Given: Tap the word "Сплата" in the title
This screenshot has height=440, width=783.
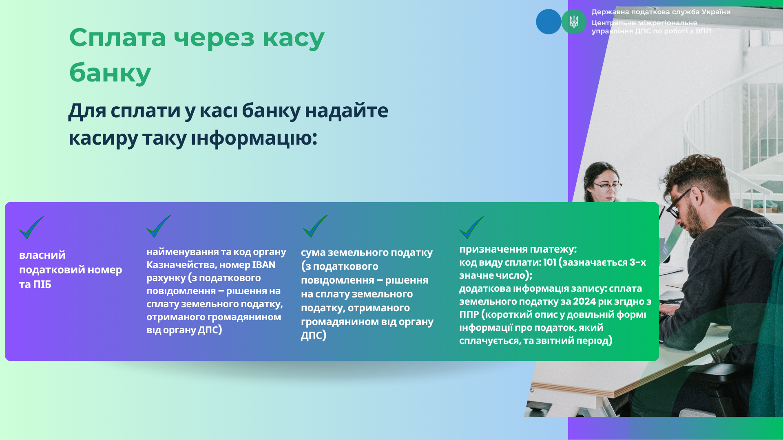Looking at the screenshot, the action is tap(117, 37).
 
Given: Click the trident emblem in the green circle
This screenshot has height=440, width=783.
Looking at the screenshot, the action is tap(574, 22).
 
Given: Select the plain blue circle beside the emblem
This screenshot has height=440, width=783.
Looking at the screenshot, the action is tap(549, 22).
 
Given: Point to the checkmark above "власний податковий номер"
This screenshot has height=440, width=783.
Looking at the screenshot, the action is tap(31, 228).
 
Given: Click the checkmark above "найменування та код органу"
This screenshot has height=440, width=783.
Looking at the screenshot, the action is tap(159, 226).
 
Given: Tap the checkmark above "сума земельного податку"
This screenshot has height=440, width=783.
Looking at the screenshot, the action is tap(315, 226).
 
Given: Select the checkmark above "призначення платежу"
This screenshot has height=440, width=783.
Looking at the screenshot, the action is tap(471, 227).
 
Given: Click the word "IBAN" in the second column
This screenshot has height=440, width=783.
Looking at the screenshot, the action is tap(264, 265).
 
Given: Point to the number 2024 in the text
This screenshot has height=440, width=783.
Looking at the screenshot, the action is tap(584, 301).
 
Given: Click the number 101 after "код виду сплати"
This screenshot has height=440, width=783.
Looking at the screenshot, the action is tap(550, 262).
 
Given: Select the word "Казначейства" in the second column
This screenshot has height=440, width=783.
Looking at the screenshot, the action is tap(181, 265).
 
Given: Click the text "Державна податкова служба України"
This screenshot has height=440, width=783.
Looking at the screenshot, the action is tap(661, 12).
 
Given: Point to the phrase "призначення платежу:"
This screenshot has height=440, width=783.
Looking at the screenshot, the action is tap(518, 249).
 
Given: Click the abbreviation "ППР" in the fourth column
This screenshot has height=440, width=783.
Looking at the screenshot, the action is tap(469, 315).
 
